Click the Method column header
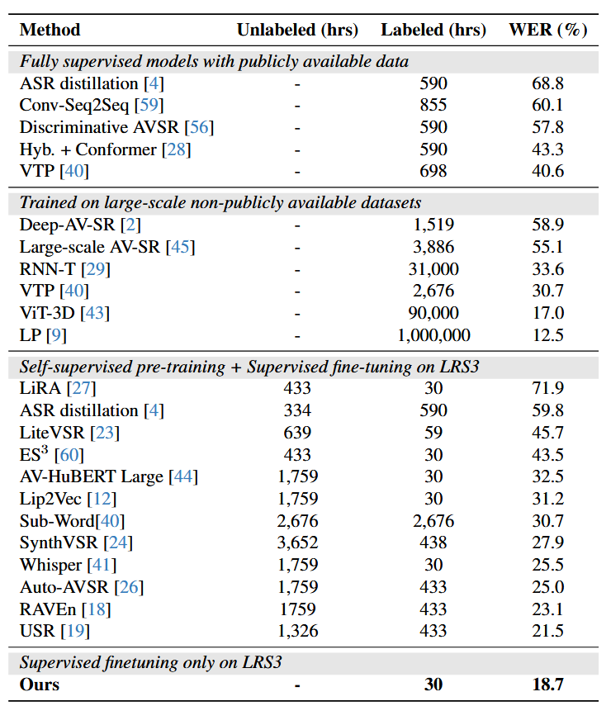point(50,30)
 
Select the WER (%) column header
point(548,30)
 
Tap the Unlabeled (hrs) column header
point(297,30)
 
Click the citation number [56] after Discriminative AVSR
point(199,127)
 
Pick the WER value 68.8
point(547,83)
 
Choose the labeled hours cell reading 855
point(433,106)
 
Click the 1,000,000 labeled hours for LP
point(433,335)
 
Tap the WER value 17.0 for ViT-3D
point(547,313)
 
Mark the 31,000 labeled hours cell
point(433,269)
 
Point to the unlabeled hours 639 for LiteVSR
point(297,432)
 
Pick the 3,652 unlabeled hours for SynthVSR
point(297,543)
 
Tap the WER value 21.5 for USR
point(547,631)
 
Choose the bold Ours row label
point(40,685)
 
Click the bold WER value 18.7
point(547,685)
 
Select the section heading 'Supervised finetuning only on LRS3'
point(151,663)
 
